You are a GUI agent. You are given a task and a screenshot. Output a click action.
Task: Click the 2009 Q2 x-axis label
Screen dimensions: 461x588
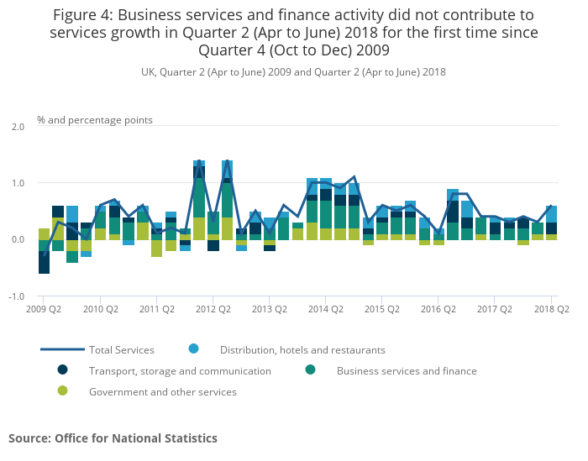43,309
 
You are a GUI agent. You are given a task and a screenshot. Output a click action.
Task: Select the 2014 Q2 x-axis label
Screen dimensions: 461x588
325,309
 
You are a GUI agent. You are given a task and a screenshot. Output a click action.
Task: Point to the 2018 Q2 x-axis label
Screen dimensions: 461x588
552,309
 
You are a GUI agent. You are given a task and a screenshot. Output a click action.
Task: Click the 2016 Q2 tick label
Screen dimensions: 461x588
438,309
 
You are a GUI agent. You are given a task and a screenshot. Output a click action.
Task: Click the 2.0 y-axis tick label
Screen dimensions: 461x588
17,126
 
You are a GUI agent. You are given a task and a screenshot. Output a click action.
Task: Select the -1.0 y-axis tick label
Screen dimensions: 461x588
16,296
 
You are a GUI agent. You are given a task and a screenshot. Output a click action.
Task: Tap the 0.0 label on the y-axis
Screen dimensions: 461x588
17,239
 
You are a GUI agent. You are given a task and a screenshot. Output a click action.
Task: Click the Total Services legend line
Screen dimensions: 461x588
62,349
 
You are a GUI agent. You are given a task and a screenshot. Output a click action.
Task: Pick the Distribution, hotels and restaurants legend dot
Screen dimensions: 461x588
193,349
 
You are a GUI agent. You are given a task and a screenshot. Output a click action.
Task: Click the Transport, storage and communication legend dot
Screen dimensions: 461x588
62,370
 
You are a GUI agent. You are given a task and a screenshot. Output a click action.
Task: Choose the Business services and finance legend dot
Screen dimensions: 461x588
310,370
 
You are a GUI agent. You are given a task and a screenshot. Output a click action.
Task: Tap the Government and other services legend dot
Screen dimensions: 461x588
62,391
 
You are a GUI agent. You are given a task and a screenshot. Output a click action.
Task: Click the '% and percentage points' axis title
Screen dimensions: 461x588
95,120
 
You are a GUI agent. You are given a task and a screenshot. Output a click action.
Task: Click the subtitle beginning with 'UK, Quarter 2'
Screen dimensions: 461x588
293,72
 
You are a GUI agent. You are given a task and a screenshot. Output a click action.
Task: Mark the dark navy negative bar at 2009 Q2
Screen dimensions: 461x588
44,262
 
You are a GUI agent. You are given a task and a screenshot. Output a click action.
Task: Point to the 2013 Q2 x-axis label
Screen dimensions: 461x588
269,309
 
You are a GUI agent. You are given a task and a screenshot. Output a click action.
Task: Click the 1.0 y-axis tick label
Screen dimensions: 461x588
17,183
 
